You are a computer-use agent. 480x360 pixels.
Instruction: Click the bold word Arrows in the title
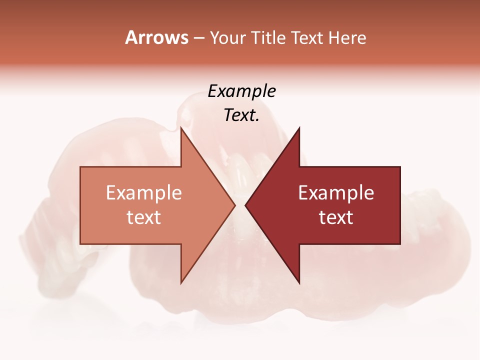coord(156,37)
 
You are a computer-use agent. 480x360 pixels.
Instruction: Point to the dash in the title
coord(198,38)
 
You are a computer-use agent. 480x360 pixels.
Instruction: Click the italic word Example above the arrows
coord(241,91)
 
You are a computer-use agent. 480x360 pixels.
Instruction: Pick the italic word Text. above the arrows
coord(241,115)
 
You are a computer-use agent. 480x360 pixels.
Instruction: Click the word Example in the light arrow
coord(144,193)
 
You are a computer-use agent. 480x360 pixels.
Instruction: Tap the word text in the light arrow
coord(144,217)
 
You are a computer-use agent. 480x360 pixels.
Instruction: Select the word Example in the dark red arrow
coord(336,193)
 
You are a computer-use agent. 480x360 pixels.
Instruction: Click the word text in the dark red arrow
coord(336,217)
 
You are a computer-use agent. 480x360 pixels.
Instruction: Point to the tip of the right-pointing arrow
coord(234,205)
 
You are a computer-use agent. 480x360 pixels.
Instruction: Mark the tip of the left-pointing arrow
coord(245,205)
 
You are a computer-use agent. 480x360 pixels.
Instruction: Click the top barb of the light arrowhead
coord(181,129)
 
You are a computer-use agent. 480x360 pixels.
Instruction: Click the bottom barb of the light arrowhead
coord(181,282)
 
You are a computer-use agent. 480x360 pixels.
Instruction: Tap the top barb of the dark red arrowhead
coord(299,129)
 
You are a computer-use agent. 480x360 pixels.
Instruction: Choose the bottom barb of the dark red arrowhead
coord(299,282)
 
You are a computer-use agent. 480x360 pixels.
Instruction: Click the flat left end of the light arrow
coord(81,205)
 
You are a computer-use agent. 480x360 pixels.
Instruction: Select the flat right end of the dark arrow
coord(399,205)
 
